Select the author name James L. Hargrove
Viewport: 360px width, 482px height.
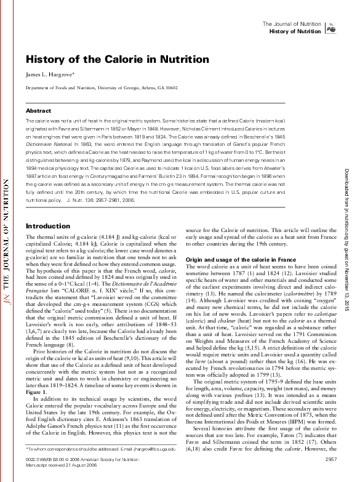pos(57,74)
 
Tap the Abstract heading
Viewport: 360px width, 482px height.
pos(38,111)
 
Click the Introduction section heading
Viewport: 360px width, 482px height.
pos(48,226)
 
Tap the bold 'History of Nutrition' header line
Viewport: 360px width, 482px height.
pos(295,31)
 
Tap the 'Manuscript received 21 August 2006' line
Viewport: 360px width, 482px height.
pos(58,465)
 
